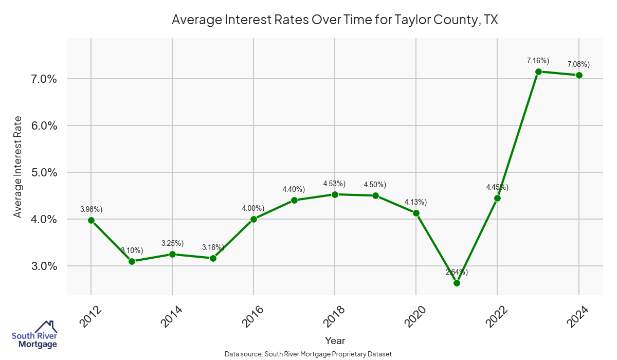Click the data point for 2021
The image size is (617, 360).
click(x=457, y=283)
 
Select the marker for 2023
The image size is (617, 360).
click(x=538, y=71)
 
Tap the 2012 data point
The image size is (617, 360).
click(x=91, y=220)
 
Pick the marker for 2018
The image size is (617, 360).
click(x=335, y=194)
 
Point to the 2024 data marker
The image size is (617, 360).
click(x=579, y=75)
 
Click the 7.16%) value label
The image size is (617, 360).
click(x=538, y=61)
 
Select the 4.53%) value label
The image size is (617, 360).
click(x=334, y=184)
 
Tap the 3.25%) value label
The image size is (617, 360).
click(x=172, y=243)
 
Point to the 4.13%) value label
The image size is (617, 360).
click(x=415, y=202)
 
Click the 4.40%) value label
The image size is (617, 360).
click(x=294, y=189)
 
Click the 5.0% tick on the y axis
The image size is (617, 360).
click(x=44, y=172)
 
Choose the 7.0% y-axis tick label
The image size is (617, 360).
click(x=44, y=79)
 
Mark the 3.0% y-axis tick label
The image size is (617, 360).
click(x=44, y=266)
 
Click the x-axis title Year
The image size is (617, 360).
click(x=335, y=340)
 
